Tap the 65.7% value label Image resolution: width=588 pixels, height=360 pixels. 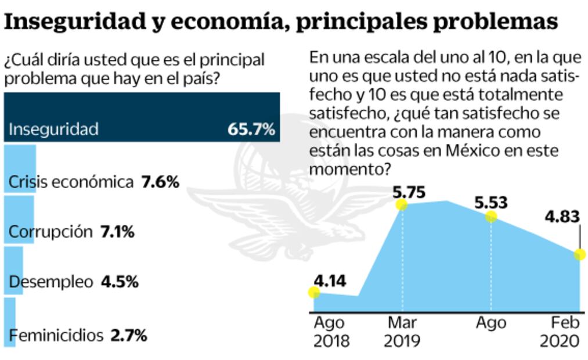pos(251,129)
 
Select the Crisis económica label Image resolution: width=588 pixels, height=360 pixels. pos(71,182)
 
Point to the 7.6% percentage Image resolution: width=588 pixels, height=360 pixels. pos(160,182)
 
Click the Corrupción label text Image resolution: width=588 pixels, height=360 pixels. pos(50,232)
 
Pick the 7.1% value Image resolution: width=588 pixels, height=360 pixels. pos(118,232)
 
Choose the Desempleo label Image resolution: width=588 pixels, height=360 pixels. pos(51,283)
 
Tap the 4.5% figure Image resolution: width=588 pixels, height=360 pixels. pos(120,283)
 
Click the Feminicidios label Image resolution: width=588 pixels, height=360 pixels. pos(56,335)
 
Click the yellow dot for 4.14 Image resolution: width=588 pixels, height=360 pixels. pos(314,291)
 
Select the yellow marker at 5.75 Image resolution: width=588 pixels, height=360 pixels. pos(401,204)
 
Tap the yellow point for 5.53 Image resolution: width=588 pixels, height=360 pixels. pos(491,216)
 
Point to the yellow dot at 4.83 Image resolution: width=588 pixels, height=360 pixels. pos(579,254)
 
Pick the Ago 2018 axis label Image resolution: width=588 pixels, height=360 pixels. pos(331,331)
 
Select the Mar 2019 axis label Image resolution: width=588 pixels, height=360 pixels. pos(402,331)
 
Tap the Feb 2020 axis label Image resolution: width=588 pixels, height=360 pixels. pos(560,331)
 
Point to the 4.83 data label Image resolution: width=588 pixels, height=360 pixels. pos(562,217)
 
